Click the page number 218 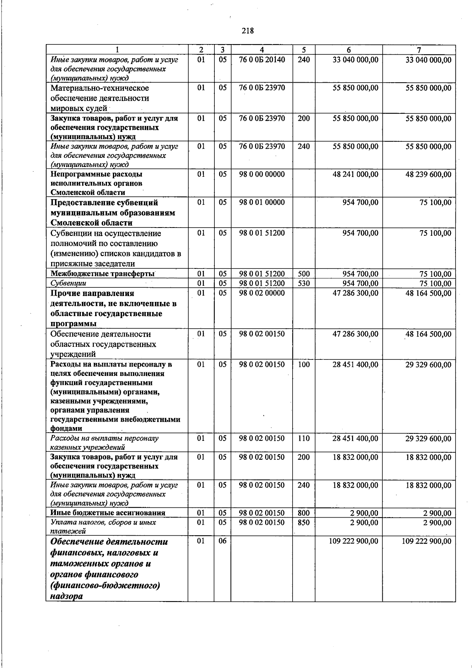click(x=248, y=31)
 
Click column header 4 click(x=262, y=50)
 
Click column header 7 click(x=419, y=50)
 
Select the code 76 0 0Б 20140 click(x=262, y=60)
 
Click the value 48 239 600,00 click(x=428, y=174)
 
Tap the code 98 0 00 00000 click(x=262, y=174)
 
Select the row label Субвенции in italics click(x=68, y=283)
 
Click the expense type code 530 click(x=304, y=283)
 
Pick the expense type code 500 click(x=304, y=274)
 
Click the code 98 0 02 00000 click(x=262, y=293)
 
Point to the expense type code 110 click(x=304, y=439)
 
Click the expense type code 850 click(x=304, y=523)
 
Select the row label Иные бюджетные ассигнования click(x=108, y=513)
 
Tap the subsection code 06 click(x=223, y=541)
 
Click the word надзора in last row click(x=66, y=596)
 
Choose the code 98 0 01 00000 click(x=262, y=203)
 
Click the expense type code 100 click(x=304, y=365)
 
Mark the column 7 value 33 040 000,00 click(x=428, y=60)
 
